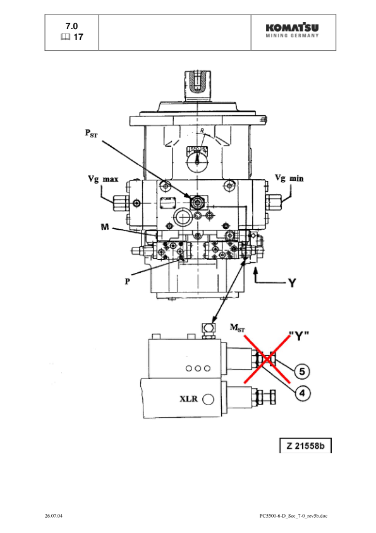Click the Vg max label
pyautogui.click(x=102, y=179)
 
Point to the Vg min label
pyautogui.click(x=288, y=179)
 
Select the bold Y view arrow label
pyautogui.click(x=291, y=283)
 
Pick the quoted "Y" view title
pyautogui.click(x=297, y=335)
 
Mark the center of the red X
pyautogui.click(x=268, y=359)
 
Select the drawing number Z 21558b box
pyautogui.click(x=306, y=446)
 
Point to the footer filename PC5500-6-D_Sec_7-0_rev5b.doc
pyautogui.click(x=293, y=517)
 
